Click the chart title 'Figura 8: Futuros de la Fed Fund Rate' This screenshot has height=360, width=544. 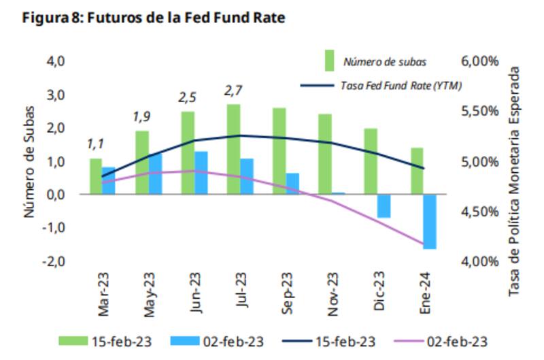(x=153, y=18)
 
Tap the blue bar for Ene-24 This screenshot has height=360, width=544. (x=429, y=221)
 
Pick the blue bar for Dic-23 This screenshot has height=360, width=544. (x=384, y=206)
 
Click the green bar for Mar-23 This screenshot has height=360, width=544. (x=96, y=176)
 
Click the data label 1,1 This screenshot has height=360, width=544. (x=96, y=144)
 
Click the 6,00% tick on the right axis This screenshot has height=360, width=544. (x=480, y=61)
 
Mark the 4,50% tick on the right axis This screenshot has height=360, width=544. (x=480, y=212)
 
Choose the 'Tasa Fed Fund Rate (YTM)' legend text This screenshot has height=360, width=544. (x=401, y=86)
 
